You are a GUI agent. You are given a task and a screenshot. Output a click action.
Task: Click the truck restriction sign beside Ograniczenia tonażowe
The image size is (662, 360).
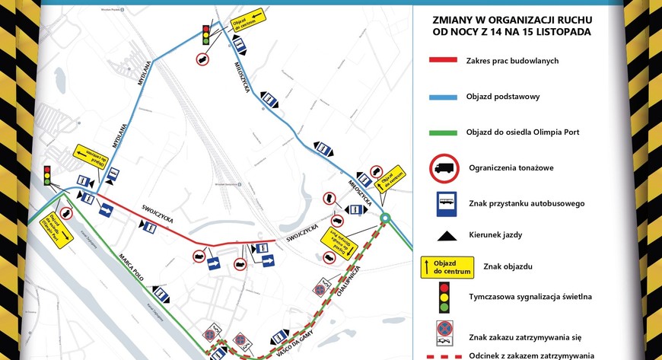coord(444,168)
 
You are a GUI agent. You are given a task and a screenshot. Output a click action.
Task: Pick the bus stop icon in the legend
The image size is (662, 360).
coord(444,203)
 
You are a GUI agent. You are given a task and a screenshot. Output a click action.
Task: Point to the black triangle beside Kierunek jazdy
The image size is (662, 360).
coord(444,235)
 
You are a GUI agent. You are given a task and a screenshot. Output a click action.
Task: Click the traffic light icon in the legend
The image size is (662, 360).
coord(444,297)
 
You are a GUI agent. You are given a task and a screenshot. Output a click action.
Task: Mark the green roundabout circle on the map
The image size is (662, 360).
coord(386,218)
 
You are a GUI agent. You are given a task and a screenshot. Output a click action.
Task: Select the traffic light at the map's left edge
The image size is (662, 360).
coord(46,175)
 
